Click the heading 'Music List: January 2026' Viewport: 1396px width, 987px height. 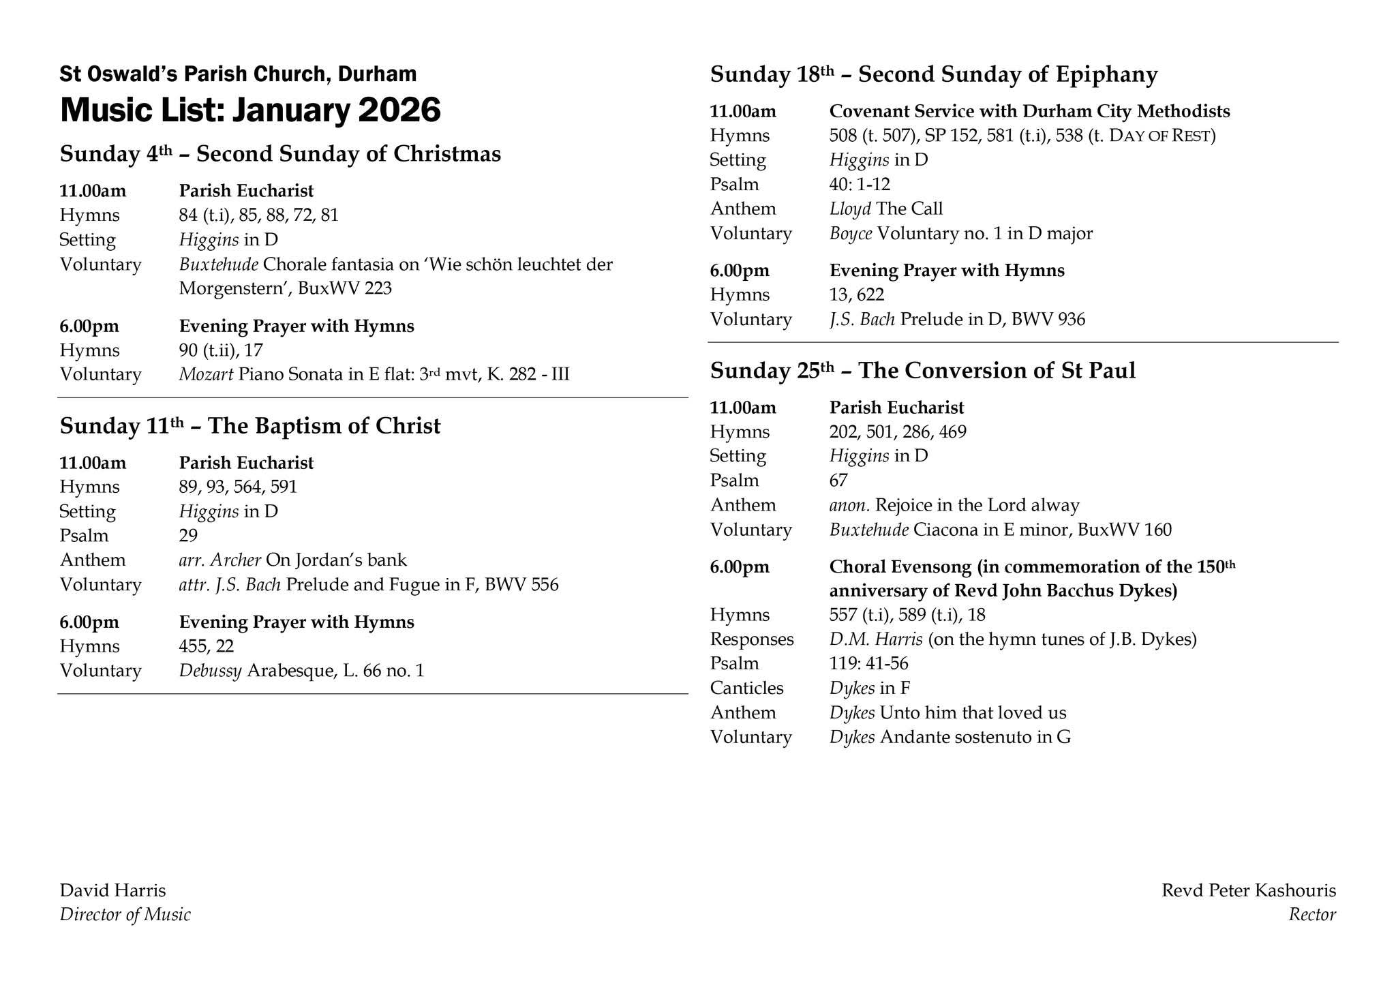point(250,110)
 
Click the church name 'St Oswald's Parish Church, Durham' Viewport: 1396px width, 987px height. point(238,74)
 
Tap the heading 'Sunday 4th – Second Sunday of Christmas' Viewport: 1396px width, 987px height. point(280,154)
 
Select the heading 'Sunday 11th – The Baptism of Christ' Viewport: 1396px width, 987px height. point(250,426)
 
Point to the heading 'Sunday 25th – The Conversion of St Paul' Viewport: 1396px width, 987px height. point(922,371)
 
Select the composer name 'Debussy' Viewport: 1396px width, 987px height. point(210,671)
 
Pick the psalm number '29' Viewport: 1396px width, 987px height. point(188,536)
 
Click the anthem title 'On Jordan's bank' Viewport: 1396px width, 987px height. point(336,560)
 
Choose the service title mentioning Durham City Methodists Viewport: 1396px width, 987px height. point(1029,111)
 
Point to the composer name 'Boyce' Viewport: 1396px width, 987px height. point(851,234)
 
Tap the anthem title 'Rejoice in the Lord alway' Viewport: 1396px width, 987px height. point(977,505)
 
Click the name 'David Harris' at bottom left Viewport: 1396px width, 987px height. point(112,890)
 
